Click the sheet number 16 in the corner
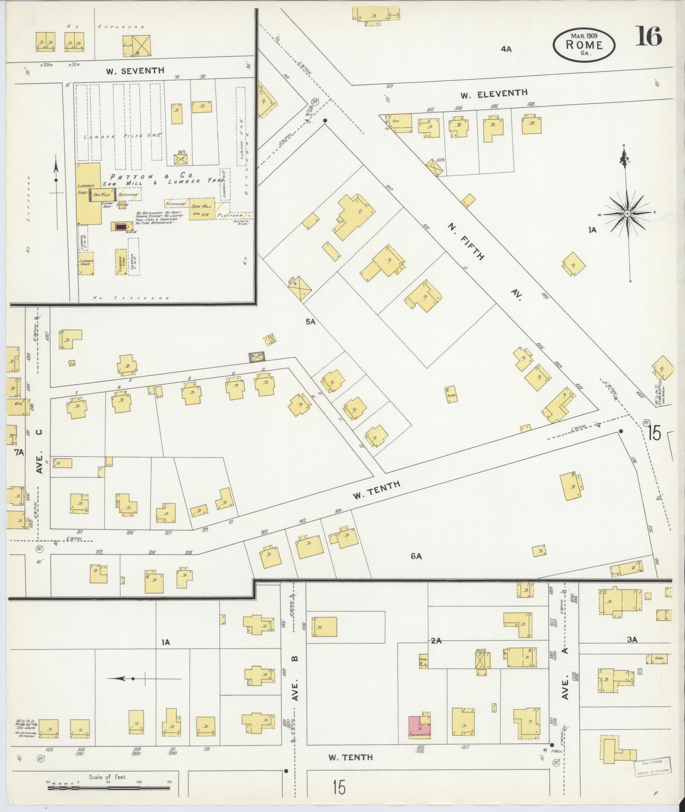pyautogui.click(x=648, y=36)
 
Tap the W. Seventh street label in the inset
pyautogui.click(x=135, y=71)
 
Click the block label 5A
pyautogui.click(x=310, y=322)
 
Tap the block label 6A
pyautogui.click(x=416, y=556)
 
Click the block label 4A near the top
pyautogui.click(x=506, y=49)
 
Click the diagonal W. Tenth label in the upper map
pyautogui.click(x=376, y=490)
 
